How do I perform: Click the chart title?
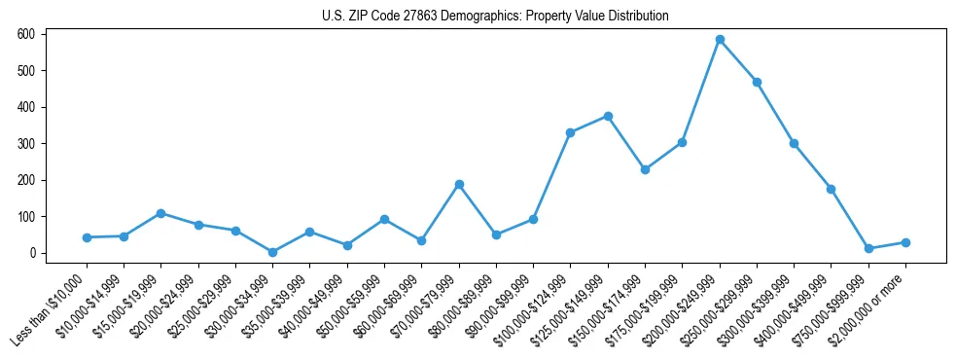495,16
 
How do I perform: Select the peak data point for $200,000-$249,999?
720,40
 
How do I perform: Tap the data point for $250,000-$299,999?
757,82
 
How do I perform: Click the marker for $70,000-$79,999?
459,184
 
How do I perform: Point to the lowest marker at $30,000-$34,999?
272,252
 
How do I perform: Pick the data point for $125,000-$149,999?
608,116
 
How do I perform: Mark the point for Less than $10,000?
87,237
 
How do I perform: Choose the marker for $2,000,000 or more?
905,242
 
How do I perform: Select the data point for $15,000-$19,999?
160,213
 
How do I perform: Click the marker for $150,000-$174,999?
645,169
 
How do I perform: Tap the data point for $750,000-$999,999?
868,249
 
